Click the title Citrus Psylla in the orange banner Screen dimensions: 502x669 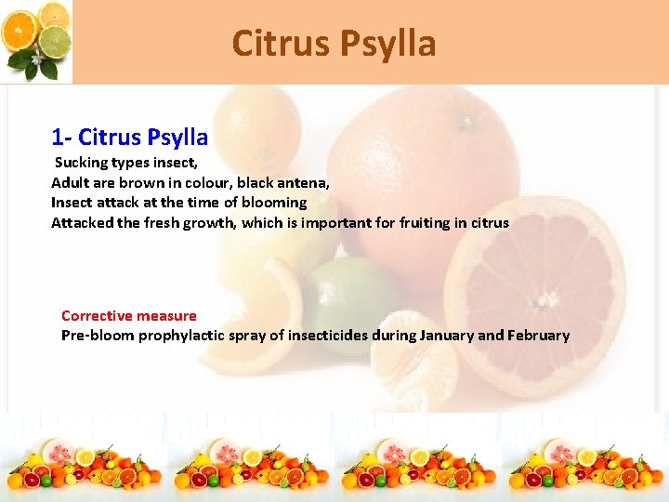click(x=334, y=43)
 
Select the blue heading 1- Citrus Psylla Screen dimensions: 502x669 click(x=129, y=138)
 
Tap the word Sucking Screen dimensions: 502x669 click(x=81, y=163)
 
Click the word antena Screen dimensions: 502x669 click(x=302, y=182)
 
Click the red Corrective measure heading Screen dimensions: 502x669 click(x=129, y=315)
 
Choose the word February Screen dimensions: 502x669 click(x=537, y=335)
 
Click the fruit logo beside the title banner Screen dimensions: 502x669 click(x=37, y=41)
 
